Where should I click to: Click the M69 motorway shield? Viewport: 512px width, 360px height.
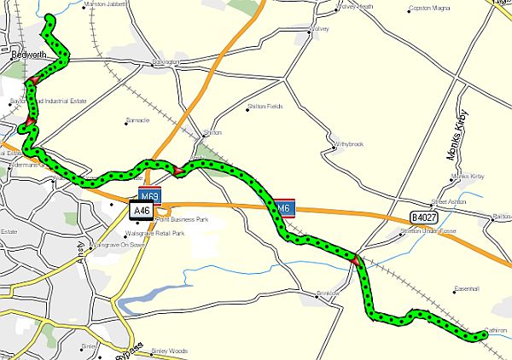pos(149,195)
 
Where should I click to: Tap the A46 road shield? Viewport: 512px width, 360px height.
pos(141,208)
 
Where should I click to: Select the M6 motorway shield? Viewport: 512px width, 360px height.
pos(284,207)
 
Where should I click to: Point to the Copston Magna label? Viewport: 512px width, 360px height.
pos(429,9)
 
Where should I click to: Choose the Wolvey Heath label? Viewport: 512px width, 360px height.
pos(357,7)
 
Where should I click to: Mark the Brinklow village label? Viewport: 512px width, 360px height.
pos(329,293)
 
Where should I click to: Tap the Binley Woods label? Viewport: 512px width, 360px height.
pos(168,351)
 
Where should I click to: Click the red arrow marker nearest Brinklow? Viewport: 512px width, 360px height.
pos(354,259)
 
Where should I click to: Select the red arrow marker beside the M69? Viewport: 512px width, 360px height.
pos(178,171)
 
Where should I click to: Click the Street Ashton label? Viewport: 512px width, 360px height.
pos(450,202)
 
